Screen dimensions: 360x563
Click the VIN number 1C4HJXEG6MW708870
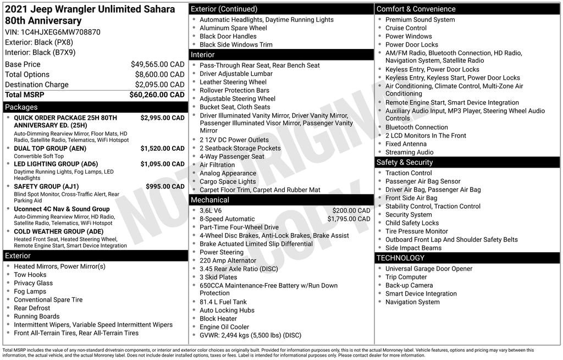point(60,32)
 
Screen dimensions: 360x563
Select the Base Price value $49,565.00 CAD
point(157,64)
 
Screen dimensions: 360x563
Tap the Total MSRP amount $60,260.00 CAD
point(157,95)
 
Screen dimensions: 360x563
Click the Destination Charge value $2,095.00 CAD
point(159,85)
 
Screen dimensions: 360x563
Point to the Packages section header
point(21,107)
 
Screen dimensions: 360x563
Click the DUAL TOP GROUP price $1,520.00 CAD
point(162,148)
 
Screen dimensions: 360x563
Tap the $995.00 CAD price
point(165,186)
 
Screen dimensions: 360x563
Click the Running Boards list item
point(36,317)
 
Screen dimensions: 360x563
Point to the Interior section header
point(203,55)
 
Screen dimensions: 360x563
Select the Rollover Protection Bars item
point(234,90)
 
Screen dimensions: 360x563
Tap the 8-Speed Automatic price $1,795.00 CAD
point(349,219)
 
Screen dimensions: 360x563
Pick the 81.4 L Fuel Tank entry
point(223,302)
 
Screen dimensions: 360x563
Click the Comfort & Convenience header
point(416,9)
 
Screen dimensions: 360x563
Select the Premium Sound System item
point(420,20)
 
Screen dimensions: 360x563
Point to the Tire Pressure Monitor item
point(416,231)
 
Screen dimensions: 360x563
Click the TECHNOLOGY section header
point(400,258)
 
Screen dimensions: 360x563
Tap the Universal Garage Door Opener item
point(428,269)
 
